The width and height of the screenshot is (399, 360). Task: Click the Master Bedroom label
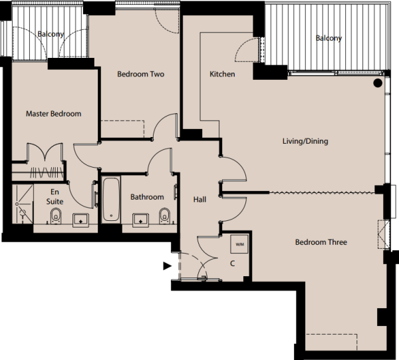coord(53,114)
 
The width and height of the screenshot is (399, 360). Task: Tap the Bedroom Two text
coord(140,74)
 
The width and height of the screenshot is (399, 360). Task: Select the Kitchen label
coord(222,74)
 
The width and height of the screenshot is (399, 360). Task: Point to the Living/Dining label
coord(305,141)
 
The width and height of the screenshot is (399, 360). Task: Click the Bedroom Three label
coord(321,242)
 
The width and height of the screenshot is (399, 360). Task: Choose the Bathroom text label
coord(147,197)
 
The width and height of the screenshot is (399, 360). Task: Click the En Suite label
coord(56,196)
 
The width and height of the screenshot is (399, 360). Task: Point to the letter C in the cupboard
coord(232,263)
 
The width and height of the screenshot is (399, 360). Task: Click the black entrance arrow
coord(168,266)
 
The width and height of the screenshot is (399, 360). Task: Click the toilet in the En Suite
coord(57,216)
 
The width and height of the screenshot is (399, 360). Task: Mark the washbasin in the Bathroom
coord(141,219)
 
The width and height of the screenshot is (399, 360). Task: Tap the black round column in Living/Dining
coord(377,83)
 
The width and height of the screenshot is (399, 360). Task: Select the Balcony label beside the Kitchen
coord(329,39)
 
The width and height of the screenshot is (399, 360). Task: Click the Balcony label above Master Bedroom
coord(51,34)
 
